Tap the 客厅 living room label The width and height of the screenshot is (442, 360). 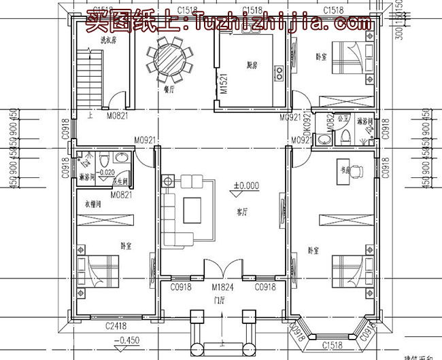pyautogui.click(x=241, y=213)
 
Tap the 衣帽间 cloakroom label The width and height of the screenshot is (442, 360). pyautogui.click(x=92, y=203)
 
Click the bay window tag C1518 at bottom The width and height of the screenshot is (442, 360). pyautogui.click(x=333, y=345)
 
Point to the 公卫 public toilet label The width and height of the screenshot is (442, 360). pyautogui.click(x=345, y=118)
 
